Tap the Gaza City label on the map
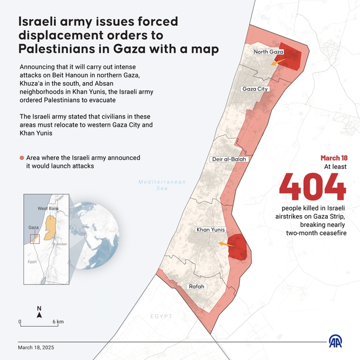tap(254, 89)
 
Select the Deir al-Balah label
tap(229, 159)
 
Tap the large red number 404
tap(312, 187)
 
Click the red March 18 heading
tap(334, 158)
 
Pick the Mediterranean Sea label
tap(162, 185)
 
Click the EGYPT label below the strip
tap(162, 317)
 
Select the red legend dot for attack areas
tap(22, 158)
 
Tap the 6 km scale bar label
tap(57, 322)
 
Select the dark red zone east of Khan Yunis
tap(238, 246)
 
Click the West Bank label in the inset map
tap(49, 209)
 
